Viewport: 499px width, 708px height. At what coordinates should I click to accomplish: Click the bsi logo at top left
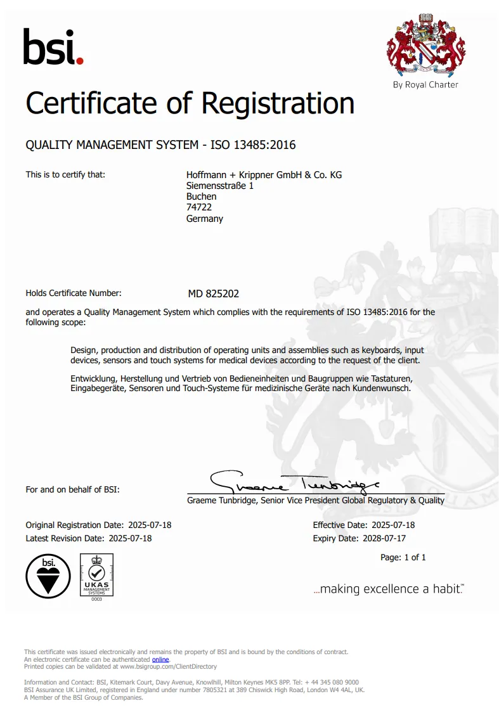[x=53, y=47]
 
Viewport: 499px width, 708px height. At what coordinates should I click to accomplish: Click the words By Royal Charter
[x=425, y=85]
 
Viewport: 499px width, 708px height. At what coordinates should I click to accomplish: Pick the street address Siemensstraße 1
[x=219, y=186]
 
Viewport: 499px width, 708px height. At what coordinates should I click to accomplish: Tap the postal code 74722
[x=198, y=208]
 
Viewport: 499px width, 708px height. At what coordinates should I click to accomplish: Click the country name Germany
[x=204, y=219]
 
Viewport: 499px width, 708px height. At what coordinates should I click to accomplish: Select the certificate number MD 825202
[x=213, y=294]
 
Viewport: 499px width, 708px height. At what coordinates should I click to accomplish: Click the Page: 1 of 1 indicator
[x=403, y=558]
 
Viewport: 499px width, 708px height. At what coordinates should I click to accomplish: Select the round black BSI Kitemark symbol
[x=48, y=575]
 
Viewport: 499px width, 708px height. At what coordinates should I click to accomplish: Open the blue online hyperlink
[x=160, y=659]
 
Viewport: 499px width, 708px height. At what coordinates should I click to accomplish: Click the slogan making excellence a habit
[x=389, y=589]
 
